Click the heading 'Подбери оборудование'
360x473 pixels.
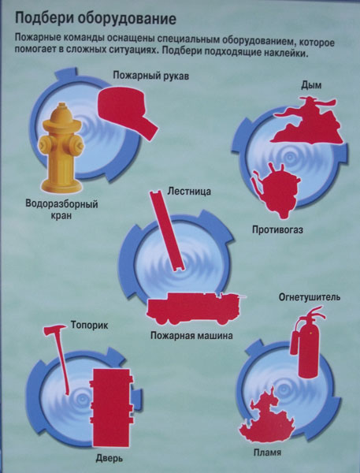pyautogui.click(x=95, y=19)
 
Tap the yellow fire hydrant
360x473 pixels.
pyautogui.click(x=61, y=148)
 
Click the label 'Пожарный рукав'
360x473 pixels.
pyautogui.click(x=151, y=76)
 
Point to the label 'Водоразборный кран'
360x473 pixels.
pyautogui.click(x=61, y=210)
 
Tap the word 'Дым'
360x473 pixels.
pyautogui.click(x=311, y=86)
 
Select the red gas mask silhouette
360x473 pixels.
pyautogui.click(x=276, y=191)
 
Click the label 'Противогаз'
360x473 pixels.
pyautogui.click(x=277, y=230)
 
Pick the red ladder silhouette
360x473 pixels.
pyautogui.click(x=167, y=230)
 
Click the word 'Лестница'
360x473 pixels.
pyautogui.click(x=189, y=192)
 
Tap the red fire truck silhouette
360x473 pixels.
pyautogui.click(x=195, y=308)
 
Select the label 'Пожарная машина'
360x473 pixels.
pyautogui.click(x=191, y=336)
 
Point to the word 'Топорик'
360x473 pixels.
pyautogui.click(x=90, y=326)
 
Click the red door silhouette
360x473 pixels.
pyautogui.click(x=112, y=408)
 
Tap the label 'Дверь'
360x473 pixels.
pyautogui.click(x=109, y=459)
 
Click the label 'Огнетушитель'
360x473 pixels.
pyautogui.click(x=310, y=297)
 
